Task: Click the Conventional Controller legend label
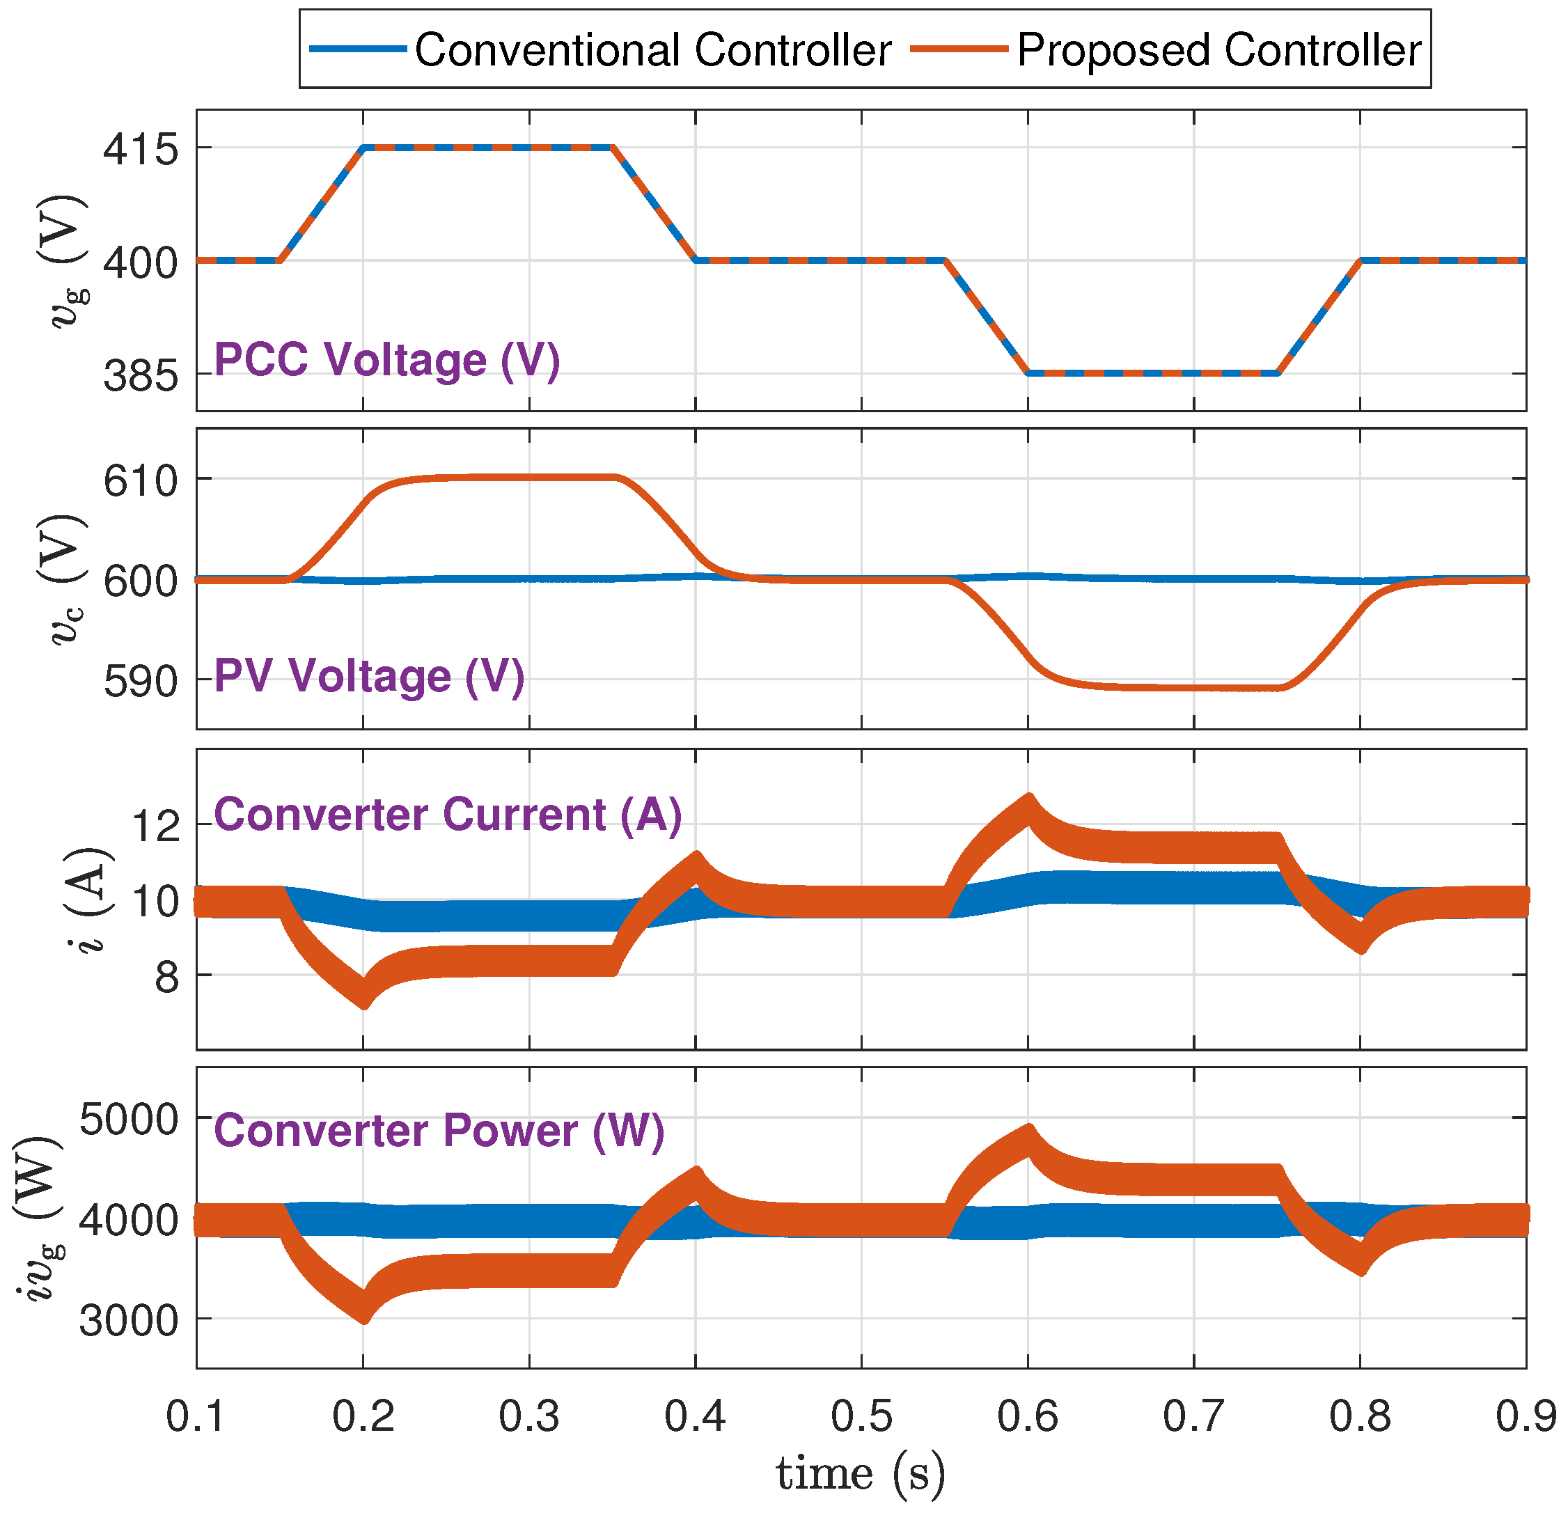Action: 652,49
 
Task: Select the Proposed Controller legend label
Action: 1218,49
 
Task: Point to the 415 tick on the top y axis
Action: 141,150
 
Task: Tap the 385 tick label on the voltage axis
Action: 141,376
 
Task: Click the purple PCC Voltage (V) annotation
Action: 387,359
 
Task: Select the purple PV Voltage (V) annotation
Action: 370,676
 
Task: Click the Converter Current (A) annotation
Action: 448,815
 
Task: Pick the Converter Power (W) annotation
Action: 439,1131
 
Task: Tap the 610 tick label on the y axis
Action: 141,481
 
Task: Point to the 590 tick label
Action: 141,682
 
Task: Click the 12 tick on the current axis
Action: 155,825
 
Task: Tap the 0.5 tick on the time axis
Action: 861,1416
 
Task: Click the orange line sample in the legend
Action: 958,49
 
